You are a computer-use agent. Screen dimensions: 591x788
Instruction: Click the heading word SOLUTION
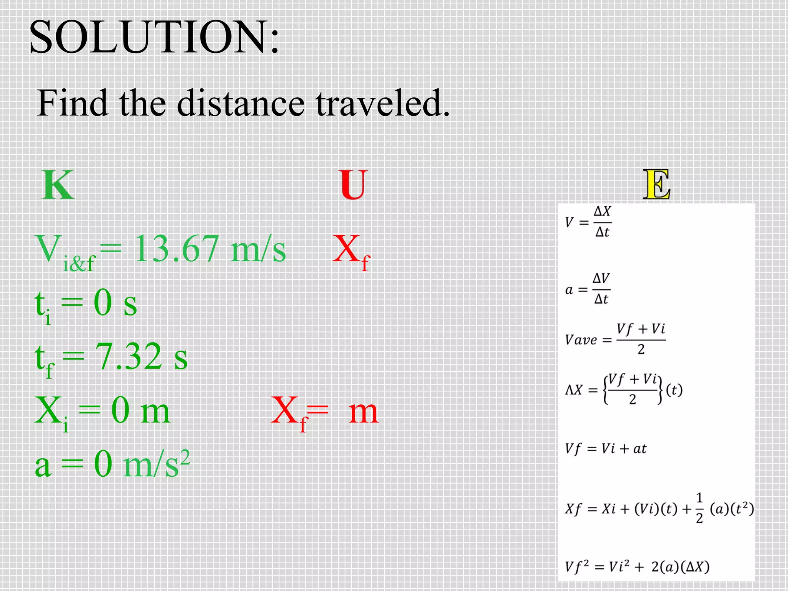tap(154, 38)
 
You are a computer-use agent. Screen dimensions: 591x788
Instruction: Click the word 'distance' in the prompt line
tap(240, 103)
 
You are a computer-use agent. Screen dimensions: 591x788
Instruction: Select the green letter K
tap(58, 185)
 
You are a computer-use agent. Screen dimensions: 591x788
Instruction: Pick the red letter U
tap(354, 185)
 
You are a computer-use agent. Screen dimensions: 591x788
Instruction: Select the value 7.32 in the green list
tap(129, 357)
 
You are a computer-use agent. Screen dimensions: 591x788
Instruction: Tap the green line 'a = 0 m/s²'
tap(112, 464)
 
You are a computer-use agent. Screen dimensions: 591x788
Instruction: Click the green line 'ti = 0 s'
tap(86, 304)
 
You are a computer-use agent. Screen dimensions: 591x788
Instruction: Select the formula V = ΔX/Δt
tap(588, 222)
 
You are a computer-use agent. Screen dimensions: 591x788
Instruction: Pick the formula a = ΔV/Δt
tap(588, 289)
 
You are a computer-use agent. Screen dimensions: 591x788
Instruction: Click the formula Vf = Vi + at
tap(605, 449)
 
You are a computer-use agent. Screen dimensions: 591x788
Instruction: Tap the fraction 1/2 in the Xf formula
tap(699, 508)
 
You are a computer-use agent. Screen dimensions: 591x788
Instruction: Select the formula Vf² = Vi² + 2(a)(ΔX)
tap(637, 567)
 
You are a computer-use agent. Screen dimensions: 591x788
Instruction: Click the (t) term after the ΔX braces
tap(674, 390)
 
